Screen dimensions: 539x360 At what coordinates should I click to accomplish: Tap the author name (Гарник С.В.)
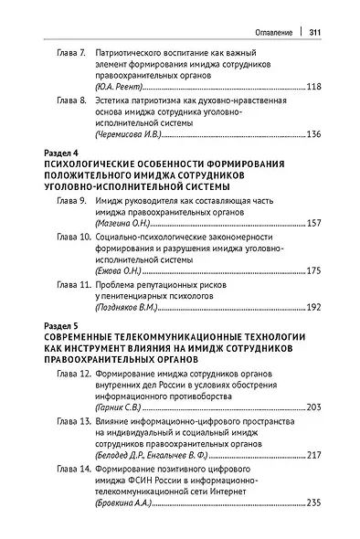click(x=123, y=407)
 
